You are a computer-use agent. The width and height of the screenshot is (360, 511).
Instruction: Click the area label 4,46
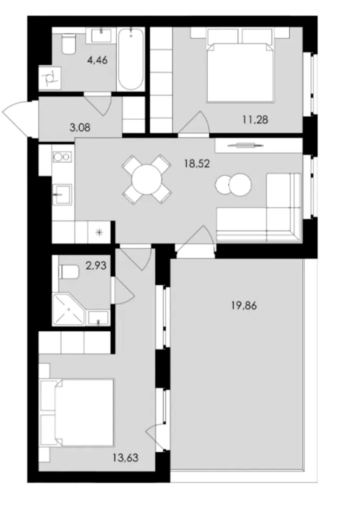coord(97,60)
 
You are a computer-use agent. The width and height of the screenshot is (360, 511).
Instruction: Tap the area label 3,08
coord(80,127)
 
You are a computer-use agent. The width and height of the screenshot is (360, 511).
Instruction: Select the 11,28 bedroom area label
coord(255,120)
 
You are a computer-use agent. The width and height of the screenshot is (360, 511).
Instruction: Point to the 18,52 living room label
coord(197,164)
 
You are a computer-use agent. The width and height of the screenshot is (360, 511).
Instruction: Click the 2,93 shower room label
coord(96,266)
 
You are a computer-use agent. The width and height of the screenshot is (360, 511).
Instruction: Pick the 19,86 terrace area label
coord(244,305)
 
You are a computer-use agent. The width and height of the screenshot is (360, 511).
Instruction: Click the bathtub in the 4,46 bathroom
coord(131,59)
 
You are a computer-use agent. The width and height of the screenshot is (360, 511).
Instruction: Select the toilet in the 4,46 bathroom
coord(69,44)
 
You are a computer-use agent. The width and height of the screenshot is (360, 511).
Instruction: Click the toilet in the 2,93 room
coord(69,272)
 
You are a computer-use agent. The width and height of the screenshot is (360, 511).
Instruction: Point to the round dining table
coord(147,180)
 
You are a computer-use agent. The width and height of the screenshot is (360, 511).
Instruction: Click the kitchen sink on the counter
coord(62,195)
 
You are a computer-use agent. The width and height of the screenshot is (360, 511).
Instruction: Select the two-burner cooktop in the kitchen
coord(62,157)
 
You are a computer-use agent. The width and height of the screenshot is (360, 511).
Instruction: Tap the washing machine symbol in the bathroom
coord(50,78)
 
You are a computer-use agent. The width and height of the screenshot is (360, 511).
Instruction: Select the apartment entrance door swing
coord(18,118)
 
